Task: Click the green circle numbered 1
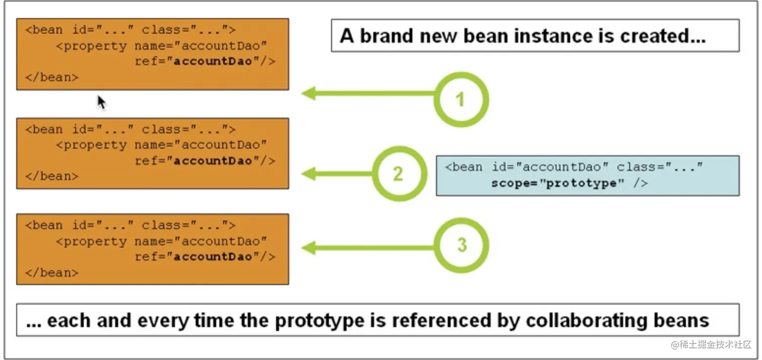tap(460, 99)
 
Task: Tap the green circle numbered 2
tap(399, 173)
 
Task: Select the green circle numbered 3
tap(461, 245)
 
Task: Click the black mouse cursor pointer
tap(101, 102)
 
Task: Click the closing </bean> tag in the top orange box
tap(52, 78)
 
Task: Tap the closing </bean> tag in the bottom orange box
tap(52, 273)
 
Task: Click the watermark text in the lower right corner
tap(711, 345)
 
